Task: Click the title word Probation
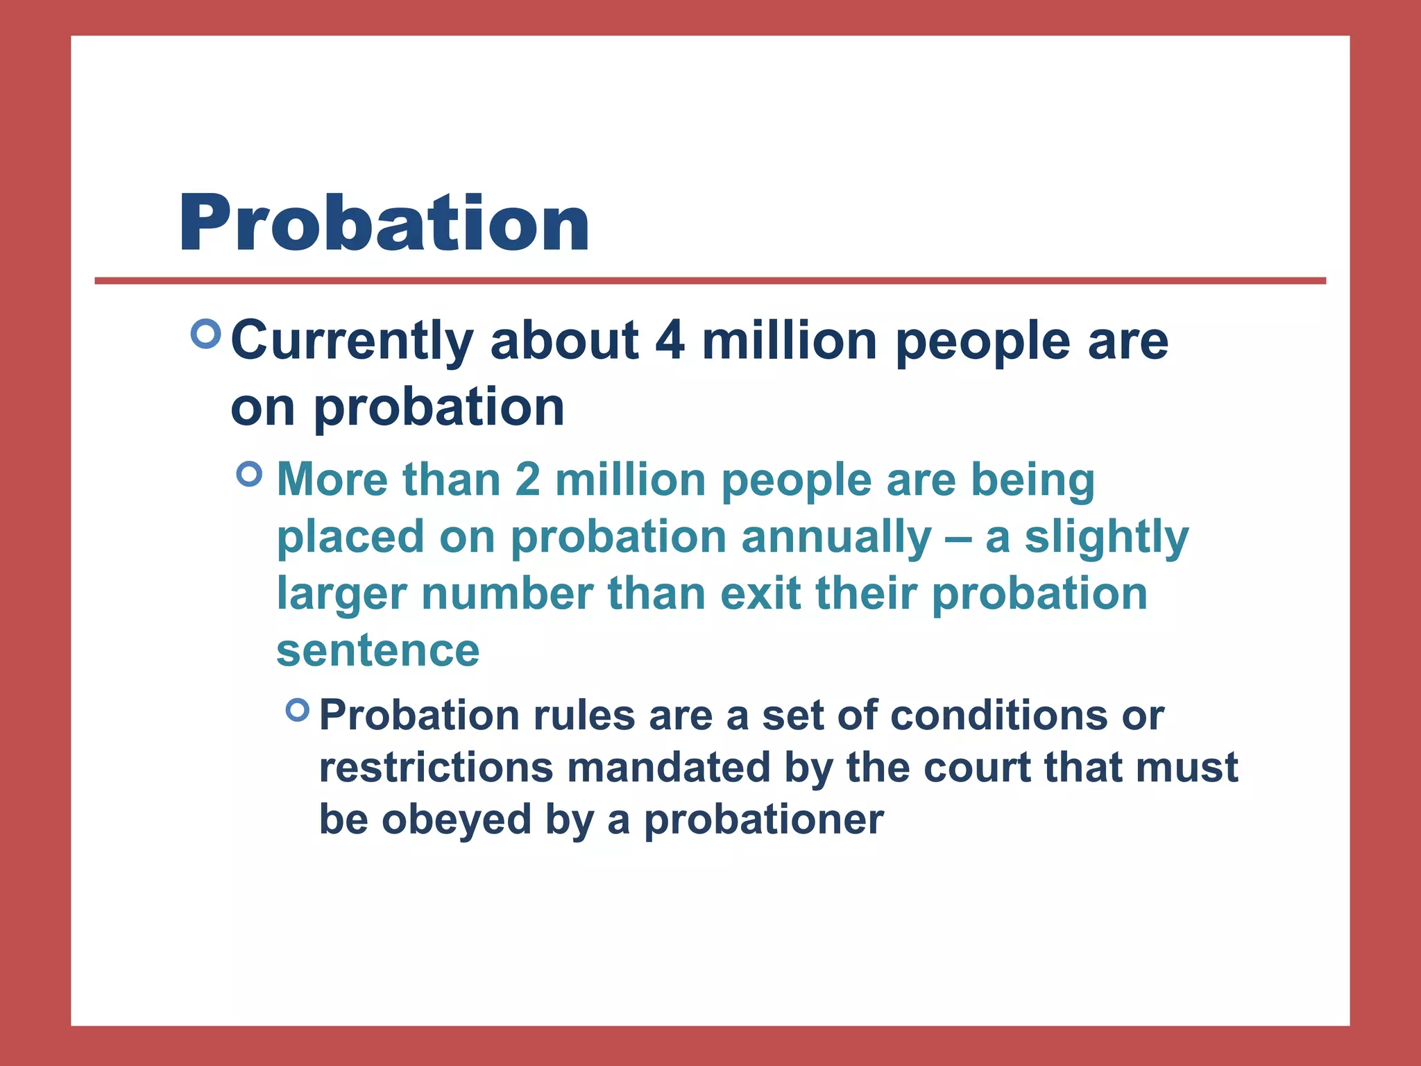pyautogui.click(x=384, y=223)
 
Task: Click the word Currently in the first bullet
pyautogui.click(x=352, y=341)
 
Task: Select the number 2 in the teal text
pyautogui.click(x=527, y=480)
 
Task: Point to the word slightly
pyautogui.click(x=1107, y=538)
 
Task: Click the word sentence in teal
pyautogui.click(x=378, y=651)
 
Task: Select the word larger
pyautogui.click(x=341, y=595)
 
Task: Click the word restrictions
pyautogui.click(x=436, y=768)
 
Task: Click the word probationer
pyautogui.click(x=764, y=820)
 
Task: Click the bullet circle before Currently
pyautogui.click(x=205, y=334)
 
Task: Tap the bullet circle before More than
pyautogui.click(x=250, y=475)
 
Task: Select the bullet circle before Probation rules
pyautogui.click(x=298, y=709)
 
